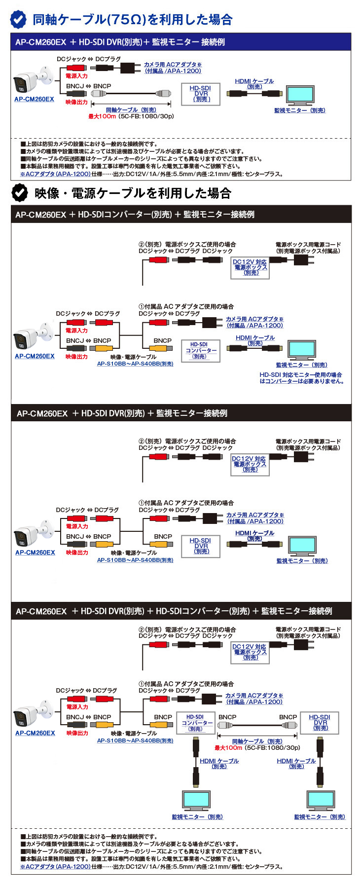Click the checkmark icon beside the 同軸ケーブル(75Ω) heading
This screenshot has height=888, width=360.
(x=19, y=19)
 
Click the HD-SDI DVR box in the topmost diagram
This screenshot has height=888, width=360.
(x=201, y=94)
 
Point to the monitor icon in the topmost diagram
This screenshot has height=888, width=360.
(x=300, y=94)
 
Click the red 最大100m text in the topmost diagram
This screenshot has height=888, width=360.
(x=102, y=116)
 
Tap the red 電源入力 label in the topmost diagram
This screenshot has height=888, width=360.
(x=76, y=76)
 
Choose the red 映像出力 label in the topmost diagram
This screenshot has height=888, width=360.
(x=76, y=102)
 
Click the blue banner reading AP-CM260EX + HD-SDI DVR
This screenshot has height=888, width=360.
(x=181, y=42)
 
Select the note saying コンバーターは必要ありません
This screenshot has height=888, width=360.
(x=301, y=378)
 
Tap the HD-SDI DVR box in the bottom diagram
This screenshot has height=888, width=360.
(x=320, y=723)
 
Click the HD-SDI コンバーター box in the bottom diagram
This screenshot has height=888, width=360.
(x=195, y=723)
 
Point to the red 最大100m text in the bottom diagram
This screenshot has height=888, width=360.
(x=228, y=748)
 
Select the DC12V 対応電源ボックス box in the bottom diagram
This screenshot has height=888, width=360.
(x=250, y=652)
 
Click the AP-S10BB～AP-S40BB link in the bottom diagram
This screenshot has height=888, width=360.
(x=135, y=740)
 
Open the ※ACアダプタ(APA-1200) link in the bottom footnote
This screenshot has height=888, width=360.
(x=55, y=867)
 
